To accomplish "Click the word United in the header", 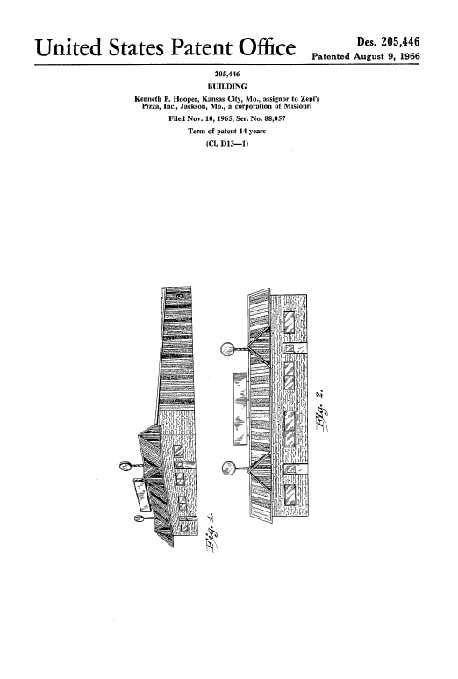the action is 68,47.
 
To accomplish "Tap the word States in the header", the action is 136,47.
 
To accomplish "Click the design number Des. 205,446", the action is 388,41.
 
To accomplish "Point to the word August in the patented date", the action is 369,56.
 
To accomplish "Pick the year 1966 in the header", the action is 410,56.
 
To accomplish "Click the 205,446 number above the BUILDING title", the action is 227,74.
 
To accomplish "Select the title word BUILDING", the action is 227,86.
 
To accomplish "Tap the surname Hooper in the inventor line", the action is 183,99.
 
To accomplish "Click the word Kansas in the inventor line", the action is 206,99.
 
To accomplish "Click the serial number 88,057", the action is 275,118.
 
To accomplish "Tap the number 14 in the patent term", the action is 242,131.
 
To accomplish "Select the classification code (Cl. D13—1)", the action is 227,143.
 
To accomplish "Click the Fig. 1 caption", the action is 211,534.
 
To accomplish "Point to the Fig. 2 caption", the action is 321,411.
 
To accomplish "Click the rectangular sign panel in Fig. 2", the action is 241,408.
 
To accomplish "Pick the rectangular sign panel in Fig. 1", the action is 141,495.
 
